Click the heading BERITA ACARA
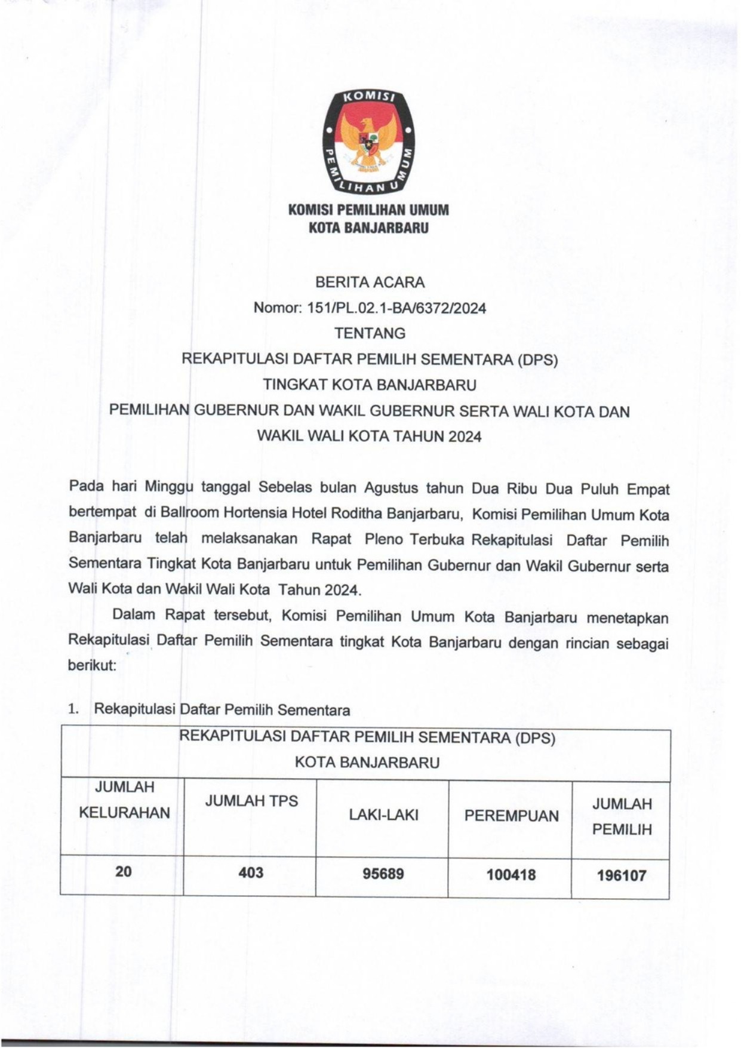[x=370, y=282]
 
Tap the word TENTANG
[x=370, y=333]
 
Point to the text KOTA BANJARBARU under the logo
[x=368, y=228]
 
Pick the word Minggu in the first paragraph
[x=169, y=487]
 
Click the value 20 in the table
[x=124, y=872]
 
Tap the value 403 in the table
[x=251, y=873]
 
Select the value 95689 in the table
[x=383, y=874]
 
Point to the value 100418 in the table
[x=511, y=875]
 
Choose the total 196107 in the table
[x=622, y=876]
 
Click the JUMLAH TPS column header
[x=251, y=801]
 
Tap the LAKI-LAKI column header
[x=383, y=815]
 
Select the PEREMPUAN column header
[x=512, y=816]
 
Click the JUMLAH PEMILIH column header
[x=622, y=817]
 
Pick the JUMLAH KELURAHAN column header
[x=124, y=800]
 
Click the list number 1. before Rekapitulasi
[x=73, y=709]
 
